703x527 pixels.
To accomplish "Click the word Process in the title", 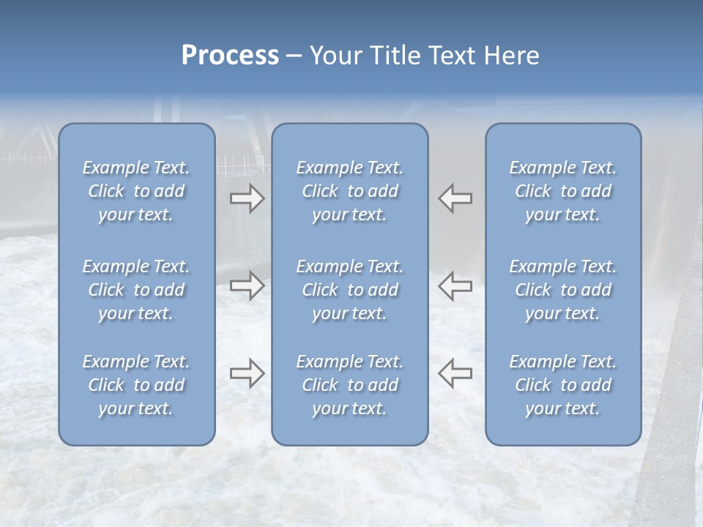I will click(230, 56).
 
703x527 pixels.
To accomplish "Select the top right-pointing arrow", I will click(247, 198).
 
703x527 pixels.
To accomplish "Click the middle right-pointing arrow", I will click(247, 285).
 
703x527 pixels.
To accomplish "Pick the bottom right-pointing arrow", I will click(247, 373).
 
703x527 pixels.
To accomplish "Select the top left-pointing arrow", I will click(455, 198).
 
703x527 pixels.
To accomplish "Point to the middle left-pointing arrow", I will click(455, 285).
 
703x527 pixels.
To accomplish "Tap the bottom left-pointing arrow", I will click(455, 373).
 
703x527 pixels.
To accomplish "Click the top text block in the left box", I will click(136, 191).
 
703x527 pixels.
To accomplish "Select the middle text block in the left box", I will click(136, 290).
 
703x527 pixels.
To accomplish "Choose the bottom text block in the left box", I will click(136, 385).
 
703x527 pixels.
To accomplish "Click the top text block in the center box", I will click(349, 191).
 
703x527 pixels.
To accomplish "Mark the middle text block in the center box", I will click(349, 290).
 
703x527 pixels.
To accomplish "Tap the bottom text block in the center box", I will click(349, 385).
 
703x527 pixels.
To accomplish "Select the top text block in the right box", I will click(563, 191).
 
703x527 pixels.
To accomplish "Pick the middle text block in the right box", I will click(563, 290).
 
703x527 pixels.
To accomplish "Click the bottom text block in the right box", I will click(563, 385).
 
